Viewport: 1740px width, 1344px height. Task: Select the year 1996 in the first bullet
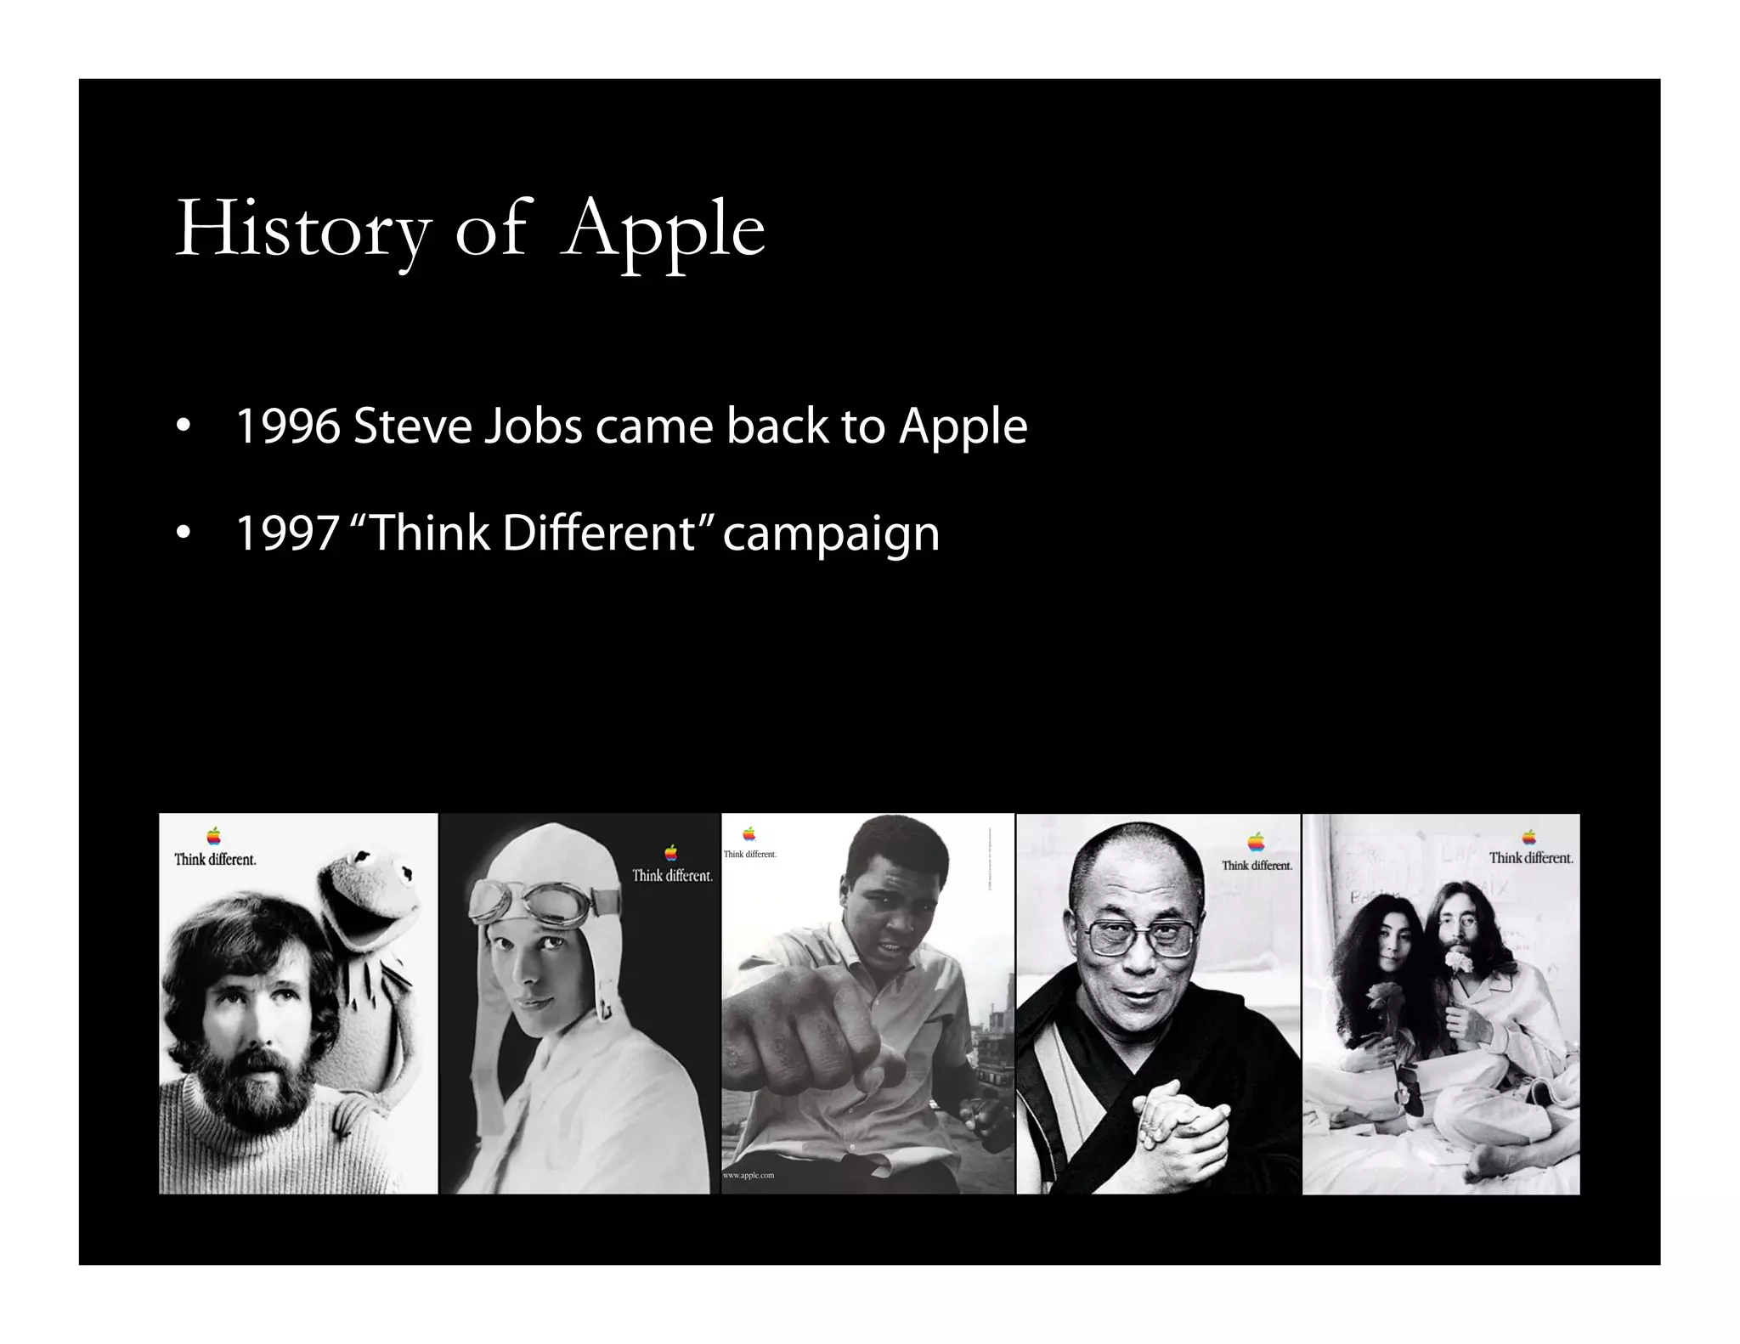click(287, 426)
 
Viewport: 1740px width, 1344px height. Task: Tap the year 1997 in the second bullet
click(287, 534)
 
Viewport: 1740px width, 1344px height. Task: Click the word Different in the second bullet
click(598, 534)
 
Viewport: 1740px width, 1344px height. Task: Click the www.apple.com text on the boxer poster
click(749, 1176)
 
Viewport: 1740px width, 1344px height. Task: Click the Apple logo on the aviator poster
click(671, 853)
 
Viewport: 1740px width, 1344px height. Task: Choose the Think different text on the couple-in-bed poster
click(1531, 858)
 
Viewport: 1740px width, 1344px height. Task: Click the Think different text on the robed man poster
click(1257, 866)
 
